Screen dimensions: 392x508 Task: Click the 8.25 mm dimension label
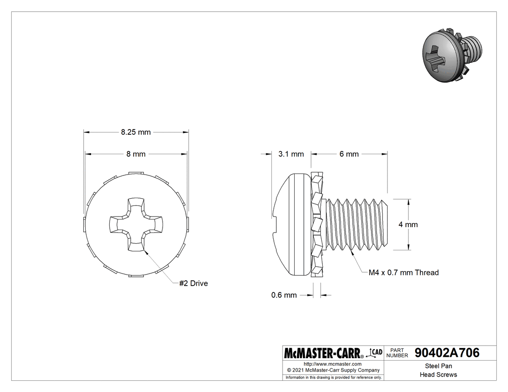pos(136,132)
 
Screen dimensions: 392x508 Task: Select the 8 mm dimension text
pos(136,154)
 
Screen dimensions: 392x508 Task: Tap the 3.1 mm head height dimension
pos(291,154)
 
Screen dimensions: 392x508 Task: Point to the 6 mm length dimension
pos(349,154)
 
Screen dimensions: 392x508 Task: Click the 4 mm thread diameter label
pos(408,225)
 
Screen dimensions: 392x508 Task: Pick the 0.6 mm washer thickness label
pos(284,295)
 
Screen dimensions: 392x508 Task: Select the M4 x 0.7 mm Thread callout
pos(403,273)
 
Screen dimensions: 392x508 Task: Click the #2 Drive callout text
pos(193,283)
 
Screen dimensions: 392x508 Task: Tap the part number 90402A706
pos(447,353)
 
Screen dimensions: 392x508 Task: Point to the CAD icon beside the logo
pos(375,352)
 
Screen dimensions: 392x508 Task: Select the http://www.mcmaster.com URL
pos(332,363)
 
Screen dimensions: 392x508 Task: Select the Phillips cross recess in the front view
pos(136,225)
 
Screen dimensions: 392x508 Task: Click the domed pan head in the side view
pos(291,224)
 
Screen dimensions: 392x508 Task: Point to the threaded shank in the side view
pos(357,224)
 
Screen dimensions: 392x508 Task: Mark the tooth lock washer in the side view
pos(317,224)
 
